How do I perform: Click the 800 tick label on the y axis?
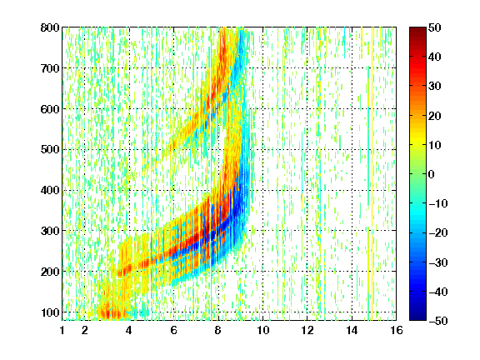(x=50, y=27)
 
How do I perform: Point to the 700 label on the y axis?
(x=50, y=68)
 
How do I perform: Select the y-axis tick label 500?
(x=50, y=150)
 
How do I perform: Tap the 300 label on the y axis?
(x=50, y=231)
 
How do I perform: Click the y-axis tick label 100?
(x=50, y=312)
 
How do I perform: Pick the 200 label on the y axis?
(x=50, y=272)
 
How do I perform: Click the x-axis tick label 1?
(x=62, y=330)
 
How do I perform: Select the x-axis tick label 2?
(x=85, y=330)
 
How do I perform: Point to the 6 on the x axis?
(x=174, y=330)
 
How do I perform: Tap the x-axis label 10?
(x=262, y=330)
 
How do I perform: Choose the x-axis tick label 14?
(x=352, y=330)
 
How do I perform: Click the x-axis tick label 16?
(x=397, y=330)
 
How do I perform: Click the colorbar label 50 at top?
(x=435, y=27)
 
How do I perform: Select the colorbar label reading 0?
(x=432, y=174)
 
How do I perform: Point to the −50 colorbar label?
(x=438, y=321)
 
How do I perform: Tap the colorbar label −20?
(x=438, y=233)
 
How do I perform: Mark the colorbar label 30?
(x=435, y=87)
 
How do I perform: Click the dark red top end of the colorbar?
(x=417, y=29)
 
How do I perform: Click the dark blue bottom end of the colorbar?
(x=417, y=318)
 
